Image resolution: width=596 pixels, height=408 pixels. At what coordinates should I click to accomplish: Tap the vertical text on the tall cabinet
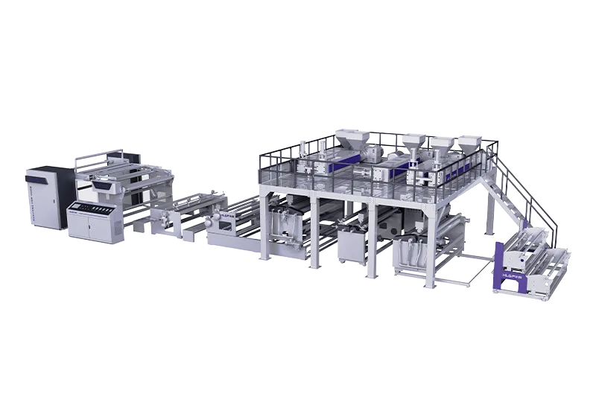[34, 199]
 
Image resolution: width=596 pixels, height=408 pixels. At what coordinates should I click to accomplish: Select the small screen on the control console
[83, 207]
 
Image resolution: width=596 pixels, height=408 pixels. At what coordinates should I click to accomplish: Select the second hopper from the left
[412, 142]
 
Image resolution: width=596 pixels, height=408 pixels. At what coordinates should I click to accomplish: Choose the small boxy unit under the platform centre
[352, 242]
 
